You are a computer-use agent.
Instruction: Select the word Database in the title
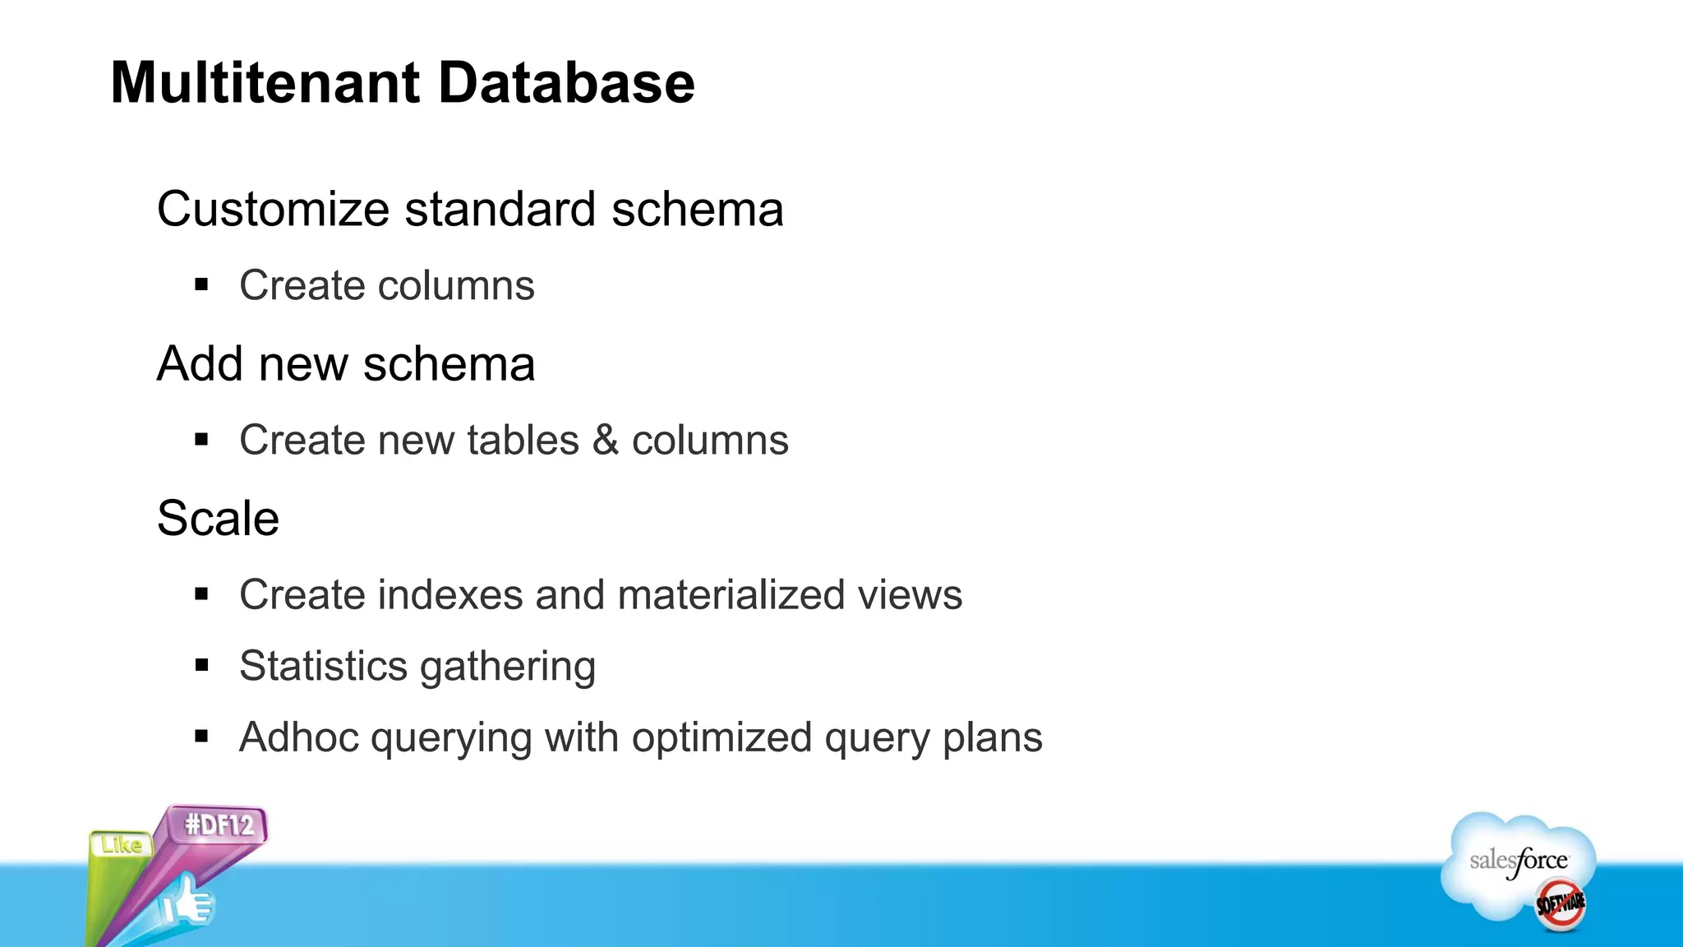566,83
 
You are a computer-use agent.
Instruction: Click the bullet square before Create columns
202,285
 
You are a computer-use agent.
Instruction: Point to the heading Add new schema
346,363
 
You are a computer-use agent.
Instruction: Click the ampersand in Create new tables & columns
605,439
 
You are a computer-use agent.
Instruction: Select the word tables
523,440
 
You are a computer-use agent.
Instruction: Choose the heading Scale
218,518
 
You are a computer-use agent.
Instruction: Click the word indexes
450,594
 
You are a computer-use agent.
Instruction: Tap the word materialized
731,594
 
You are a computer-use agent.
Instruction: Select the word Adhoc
299,737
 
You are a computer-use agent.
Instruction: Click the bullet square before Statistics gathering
202,665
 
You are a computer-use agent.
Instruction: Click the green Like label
122,844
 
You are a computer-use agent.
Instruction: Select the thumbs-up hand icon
187,903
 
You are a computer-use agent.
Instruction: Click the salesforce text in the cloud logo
1519,861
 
